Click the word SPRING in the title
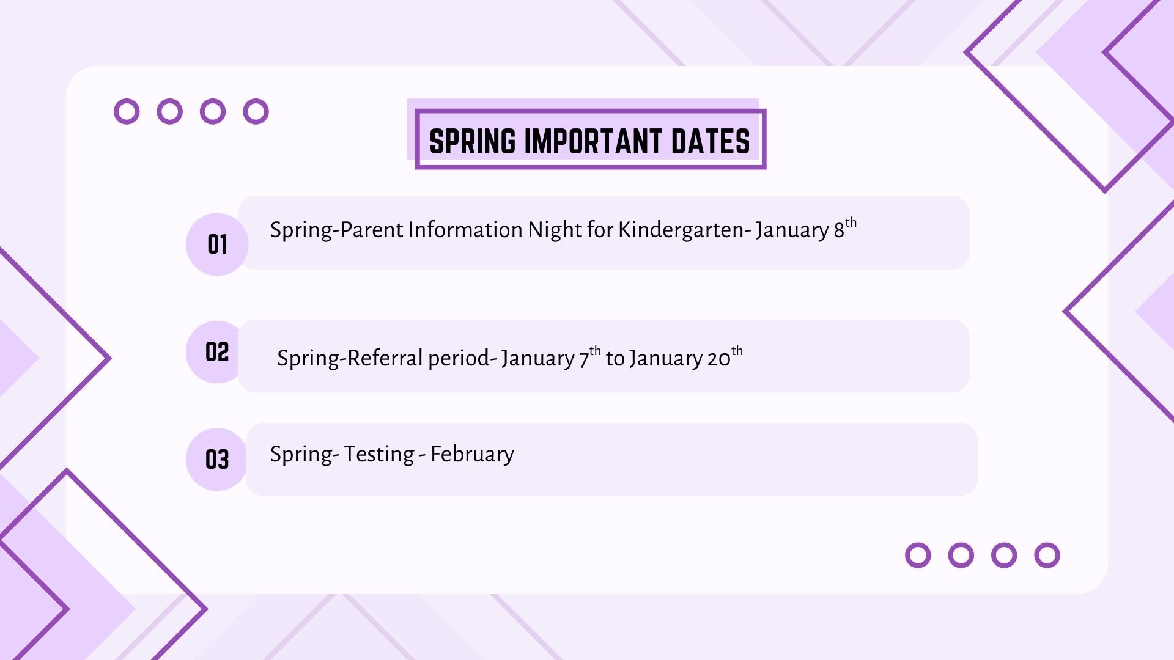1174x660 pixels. (473, 141)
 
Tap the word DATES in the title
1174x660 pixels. (711, 141)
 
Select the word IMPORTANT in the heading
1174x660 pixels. (593, 141)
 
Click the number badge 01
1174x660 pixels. (217, 244)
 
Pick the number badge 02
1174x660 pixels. (217, 352)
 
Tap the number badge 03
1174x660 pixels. (217, 460)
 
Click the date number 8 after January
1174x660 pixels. (839, 230)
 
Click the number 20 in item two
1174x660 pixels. (719, 359)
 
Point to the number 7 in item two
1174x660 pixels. (584, 359)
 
